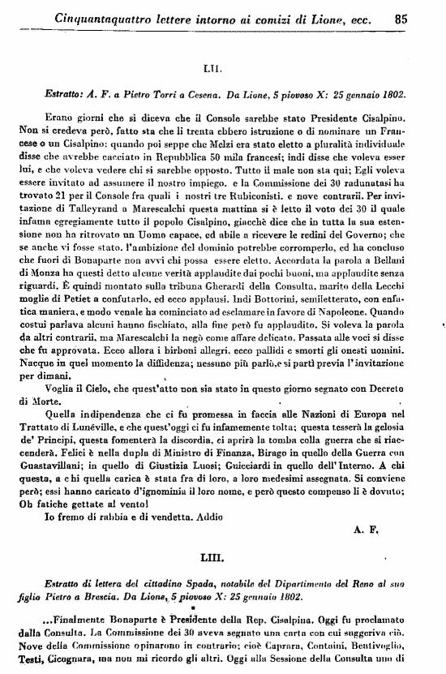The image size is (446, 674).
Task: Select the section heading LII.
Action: (x=222, y=71)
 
